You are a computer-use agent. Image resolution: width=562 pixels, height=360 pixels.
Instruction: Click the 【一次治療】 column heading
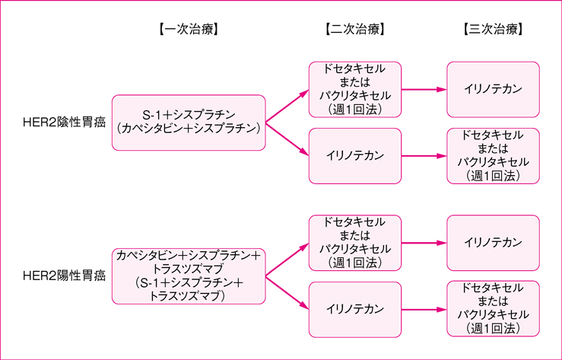(x=188, y=30)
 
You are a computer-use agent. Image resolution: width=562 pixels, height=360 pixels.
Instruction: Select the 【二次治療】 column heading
(x=354, y=30)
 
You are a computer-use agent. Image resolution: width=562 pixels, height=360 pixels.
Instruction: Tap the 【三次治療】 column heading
(x=493, y=30)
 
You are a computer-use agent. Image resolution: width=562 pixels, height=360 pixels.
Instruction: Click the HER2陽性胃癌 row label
(x=64, y=274)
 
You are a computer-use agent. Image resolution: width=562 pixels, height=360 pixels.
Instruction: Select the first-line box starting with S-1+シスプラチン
(x=188, y=122)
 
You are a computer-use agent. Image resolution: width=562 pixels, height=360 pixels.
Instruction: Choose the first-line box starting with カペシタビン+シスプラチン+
(x=188, y=275)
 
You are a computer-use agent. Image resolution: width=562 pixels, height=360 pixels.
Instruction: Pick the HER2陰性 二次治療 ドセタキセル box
(x=354, y=89)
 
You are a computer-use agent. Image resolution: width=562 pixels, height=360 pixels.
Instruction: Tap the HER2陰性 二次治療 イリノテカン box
(x=354, y=156)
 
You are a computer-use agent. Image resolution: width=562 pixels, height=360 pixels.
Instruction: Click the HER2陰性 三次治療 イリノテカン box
(x=493, y=89)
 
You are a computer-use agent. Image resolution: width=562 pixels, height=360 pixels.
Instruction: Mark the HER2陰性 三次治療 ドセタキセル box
(x=493, y=156)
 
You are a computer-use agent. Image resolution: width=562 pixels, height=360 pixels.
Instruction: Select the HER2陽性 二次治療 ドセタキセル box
(x=354, y=242)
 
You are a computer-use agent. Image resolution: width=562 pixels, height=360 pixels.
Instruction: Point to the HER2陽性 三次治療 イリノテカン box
(x=493, y=242)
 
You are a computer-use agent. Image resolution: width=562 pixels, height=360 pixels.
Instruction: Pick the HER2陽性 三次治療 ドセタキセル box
(x=493, y=308)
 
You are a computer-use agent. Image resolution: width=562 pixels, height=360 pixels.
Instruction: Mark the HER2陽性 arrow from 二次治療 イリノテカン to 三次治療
(x=424, y=308)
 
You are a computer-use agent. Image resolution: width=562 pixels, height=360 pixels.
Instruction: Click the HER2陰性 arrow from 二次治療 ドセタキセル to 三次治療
(x=424, y=89)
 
